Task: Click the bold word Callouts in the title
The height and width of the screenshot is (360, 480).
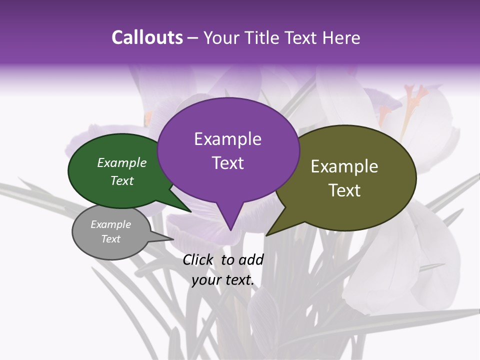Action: pyautogui.click(x=147, y=37)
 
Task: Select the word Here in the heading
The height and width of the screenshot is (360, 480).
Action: pyautogui.click(x=341, y=37)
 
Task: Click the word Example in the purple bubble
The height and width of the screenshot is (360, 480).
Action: pyautogui.click(x=227, y=139)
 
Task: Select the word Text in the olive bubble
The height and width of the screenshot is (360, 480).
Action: pyautogui.click(x=344, y=190)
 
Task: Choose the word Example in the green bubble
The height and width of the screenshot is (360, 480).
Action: pyautogui.click(x=122, y=163)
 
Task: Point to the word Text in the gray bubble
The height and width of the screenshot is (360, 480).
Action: pyautogui.click(x=111, y=239)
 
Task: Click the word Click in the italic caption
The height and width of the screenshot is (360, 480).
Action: pyautogui.click(x=199, y=259)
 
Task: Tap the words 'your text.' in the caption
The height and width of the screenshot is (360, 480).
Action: pyautogui.click(x=223, y=280)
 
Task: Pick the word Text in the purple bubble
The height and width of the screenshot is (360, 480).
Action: pyautogui.click(x=227, y=163)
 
